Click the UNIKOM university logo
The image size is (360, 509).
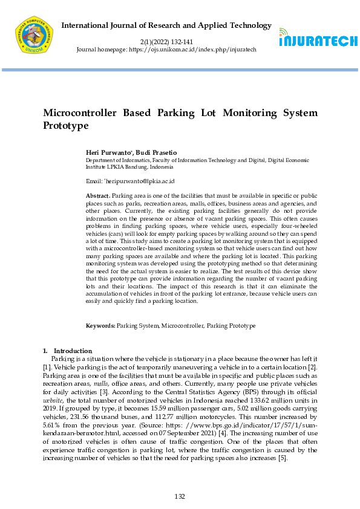pos(34,35)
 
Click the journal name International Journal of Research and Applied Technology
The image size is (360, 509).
pos(167,25)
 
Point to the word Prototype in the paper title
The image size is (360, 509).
pos(65,126)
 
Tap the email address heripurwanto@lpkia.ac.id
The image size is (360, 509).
pos(140,181)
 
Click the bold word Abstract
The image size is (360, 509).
pos(98,196)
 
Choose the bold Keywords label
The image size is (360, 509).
pos(100,326)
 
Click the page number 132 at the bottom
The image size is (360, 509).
pos(180,497)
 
